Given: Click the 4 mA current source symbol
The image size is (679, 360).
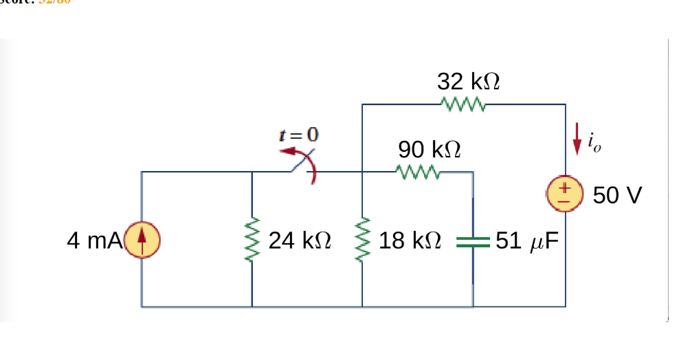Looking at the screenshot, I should click(142, 240).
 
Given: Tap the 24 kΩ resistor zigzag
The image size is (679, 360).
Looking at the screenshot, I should click(252, 240).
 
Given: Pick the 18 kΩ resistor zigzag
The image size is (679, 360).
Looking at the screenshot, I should click(362, 240).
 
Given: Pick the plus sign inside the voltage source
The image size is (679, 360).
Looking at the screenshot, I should click(566, 188).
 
